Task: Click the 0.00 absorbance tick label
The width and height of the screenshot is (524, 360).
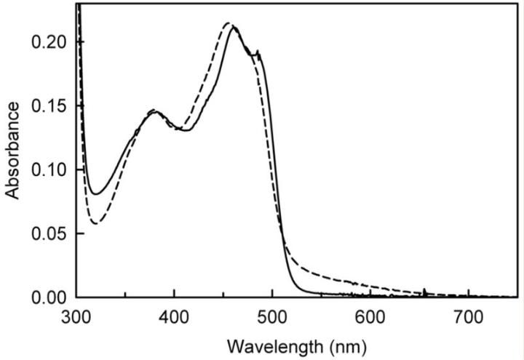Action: (x=51, y=297)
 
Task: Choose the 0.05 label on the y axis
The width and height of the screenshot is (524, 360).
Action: (x=51, y=233)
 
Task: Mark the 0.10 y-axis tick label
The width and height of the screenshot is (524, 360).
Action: (x=51, y=169)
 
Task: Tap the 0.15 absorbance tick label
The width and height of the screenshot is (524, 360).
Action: (x=51, y=106)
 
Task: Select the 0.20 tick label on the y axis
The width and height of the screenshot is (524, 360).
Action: (x=51, y=42)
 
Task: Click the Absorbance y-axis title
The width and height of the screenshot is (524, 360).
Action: (x=13, y=151)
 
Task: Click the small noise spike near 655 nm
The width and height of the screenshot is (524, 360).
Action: (x=424, y=290)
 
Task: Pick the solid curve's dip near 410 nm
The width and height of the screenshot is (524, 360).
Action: (x=183, y=130)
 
